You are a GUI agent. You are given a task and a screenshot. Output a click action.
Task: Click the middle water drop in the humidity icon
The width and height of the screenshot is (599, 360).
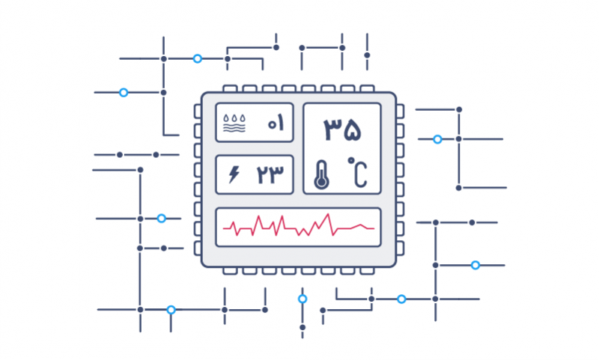click(235, 118)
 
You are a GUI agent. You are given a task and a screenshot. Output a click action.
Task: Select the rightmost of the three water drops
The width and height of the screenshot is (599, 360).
click(243, 118)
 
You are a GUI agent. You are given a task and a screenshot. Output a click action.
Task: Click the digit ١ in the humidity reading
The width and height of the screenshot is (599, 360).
click(282, 123)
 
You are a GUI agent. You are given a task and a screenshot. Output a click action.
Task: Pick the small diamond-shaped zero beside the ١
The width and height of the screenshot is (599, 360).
click(271, 124)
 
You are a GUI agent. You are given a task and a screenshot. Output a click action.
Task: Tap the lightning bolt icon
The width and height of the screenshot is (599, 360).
click(234, 174)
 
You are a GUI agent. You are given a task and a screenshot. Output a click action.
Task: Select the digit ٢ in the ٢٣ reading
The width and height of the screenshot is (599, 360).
click(262, 174)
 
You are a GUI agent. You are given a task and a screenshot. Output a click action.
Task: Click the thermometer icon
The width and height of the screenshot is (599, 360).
click(321, 174)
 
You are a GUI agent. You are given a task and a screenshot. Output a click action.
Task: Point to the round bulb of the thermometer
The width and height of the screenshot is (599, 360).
click(321, 182)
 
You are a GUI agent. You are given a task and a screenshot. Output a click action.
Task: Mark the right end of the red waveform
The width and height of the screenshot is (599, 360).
click(373, 228)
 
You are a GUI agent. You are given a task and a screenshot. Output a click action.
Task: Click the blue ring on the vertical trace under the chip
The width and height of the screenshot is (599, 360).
click(302, 299)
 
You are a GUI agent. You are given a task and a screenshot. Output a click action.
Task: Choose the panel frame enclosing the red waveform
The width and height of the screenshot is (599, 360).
click(298, 210)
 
